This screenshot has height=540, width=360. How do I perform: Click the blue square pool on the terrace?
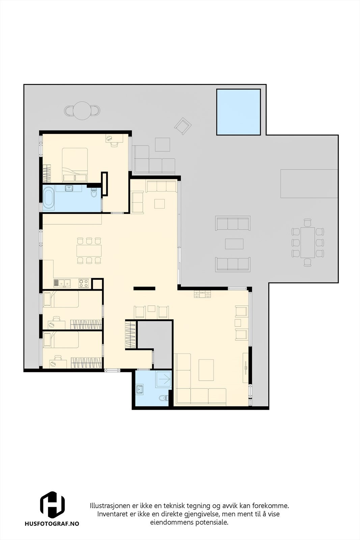point(238,112)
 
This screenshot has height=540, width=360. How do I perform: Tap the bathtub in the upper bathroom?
point(48,197)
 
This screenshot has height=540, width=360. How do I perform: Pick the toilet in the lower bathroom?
point(163,398)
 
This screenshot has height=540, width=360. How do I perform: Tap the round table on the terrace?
point(82,110)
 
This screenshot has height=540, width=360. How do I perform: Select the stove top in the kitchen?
point(84,283)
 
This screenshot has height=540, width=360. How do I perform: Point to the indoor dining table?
point(89,250)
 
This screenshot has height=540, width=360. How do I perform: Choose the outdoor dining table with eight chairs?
point(307,242)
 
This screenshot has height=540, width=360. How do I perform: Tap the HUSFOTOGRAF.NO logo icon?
point(52,505)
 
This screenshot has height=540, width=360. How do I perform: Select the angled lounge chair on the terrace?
point(183,126)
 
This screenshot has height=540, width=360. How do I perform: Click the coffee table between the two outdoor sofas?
point(234,244)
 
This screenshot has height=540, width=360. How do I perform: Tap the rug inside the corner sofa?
point(206,370)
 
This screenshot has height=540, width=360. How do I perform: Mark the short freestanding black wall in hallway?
point(144,288)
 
